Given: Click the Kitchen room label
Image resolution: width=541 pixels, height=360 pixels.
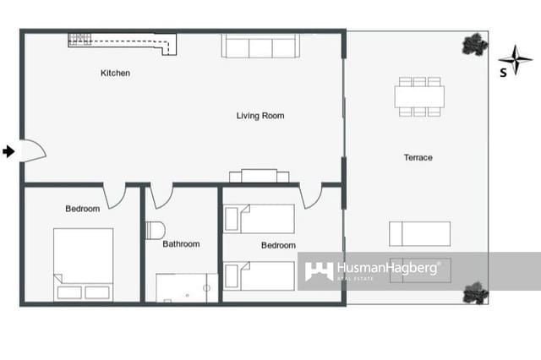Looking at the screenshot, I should pos(115,74).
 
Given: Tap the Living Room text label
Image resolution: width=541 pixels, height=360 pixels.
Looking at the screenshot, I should pos(260,116).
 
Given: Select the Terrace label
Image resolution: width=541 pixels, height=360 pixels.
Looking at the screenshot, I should pos(418,158).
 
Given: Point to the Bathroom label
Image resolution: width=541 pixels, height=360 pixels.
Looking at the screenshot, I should pos(181,244).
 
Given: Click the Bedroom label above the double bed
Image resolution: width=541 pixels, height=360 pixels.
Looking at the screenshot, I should pos(82,209).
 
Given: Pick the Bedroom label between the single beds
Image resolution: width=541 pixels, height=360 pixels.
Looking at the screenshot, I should pos(278,246).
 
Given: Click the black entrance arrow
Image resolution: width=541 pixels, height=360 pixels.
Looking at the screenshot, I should pos(8,151).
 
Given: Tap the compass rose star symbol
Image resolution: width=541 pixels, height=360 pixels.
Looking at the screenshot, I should pos(515,59).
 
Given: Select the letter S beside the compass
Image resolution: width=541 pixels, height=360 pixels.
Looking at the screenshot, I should pos(503,73).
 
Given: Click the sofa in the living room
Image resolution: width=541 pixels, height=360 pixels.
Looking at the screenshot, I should pos(260,46).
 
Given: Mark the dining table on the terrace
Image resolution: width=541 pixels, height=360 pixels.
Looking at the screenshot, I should pos(419,96).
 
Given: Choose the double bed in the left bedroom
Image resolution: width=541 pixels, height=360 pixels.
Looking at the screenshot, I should pos(83,264).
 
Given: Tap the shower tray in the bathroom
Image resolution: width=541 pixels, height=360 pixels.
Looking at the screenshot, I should pos(186,287).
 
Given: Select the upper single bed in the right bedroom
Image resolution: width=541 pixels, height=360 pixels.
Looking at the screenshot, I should pos(260,219).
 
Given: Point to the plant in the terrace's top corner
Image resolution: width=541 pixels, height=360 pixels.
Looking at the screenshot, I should pos(475,44).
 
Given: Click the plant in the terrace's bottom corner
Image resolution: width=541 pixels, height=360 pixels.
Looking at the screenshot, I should pos(475,292).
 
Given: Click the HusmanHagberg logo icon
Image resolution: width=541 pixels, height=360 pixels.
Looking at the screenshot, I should pos(319,271).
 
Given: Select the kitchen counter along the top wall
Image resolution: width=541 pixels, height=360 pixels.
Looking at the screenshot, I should pos(123,40).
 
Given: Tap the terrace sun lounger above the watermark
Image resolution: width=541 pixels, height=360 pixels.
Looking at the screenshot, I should pos(419,233).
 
